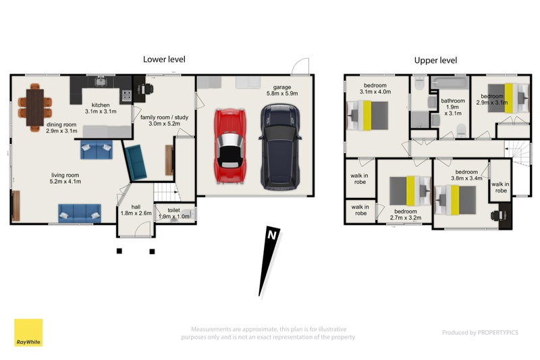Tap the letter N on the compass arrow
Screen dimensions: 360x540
click(x=271, y=236)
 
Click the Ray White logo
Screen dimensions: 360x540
click(x=28, y=332)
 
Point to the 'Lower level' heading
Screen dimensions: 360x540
click(x=164, y=59)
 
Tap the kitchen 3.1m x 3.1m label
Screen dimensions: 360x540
click(x=101, y=108)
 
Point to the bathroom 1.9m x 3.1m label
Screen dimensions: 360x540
click(x=453, y=107)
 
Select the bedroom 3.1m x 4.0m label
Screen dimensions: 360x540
click(x=375, y=88)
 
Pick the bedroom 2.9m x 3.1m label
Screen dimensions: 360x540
click(x=491, y=99)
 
